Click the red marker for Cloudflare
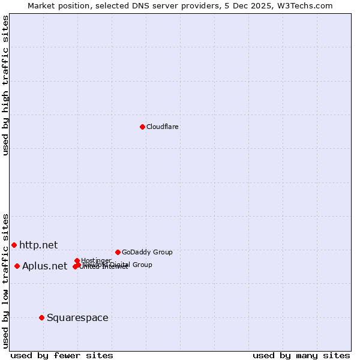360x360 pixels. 142,127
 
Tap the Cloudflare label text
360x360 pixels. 163,127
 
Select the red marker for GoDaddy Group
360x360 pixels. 118,252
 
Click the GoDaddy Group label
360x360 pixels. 147,252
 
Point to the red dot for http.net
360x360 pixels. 14,245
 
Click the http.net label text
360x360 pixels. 38,245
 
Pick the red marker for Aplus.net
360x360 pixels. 17,266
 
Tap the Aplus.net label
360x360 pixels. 44,266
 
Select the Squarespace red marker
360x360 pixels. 41,317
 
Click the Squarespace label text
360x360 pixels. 77,317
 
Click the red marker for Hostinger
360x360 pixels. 77,260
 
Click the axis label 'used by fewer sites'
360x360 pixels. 62,355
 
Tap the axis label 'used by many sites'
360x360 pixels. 301,355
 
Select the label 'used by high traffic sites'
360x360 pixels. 6,85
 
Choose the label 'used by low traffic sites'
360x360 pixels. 6,280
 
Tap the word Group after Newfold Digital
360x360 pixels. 142,265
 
